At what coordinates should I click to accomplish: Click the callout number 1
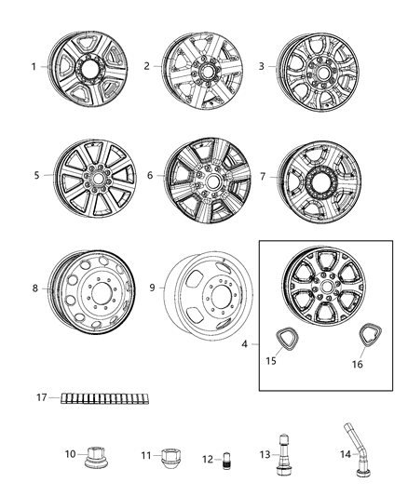tap(34, 67)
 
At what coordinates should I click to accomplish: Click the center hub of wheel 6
tap(205, 175)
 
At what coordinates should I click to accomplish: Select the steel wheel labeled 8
tap(88, 288)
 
